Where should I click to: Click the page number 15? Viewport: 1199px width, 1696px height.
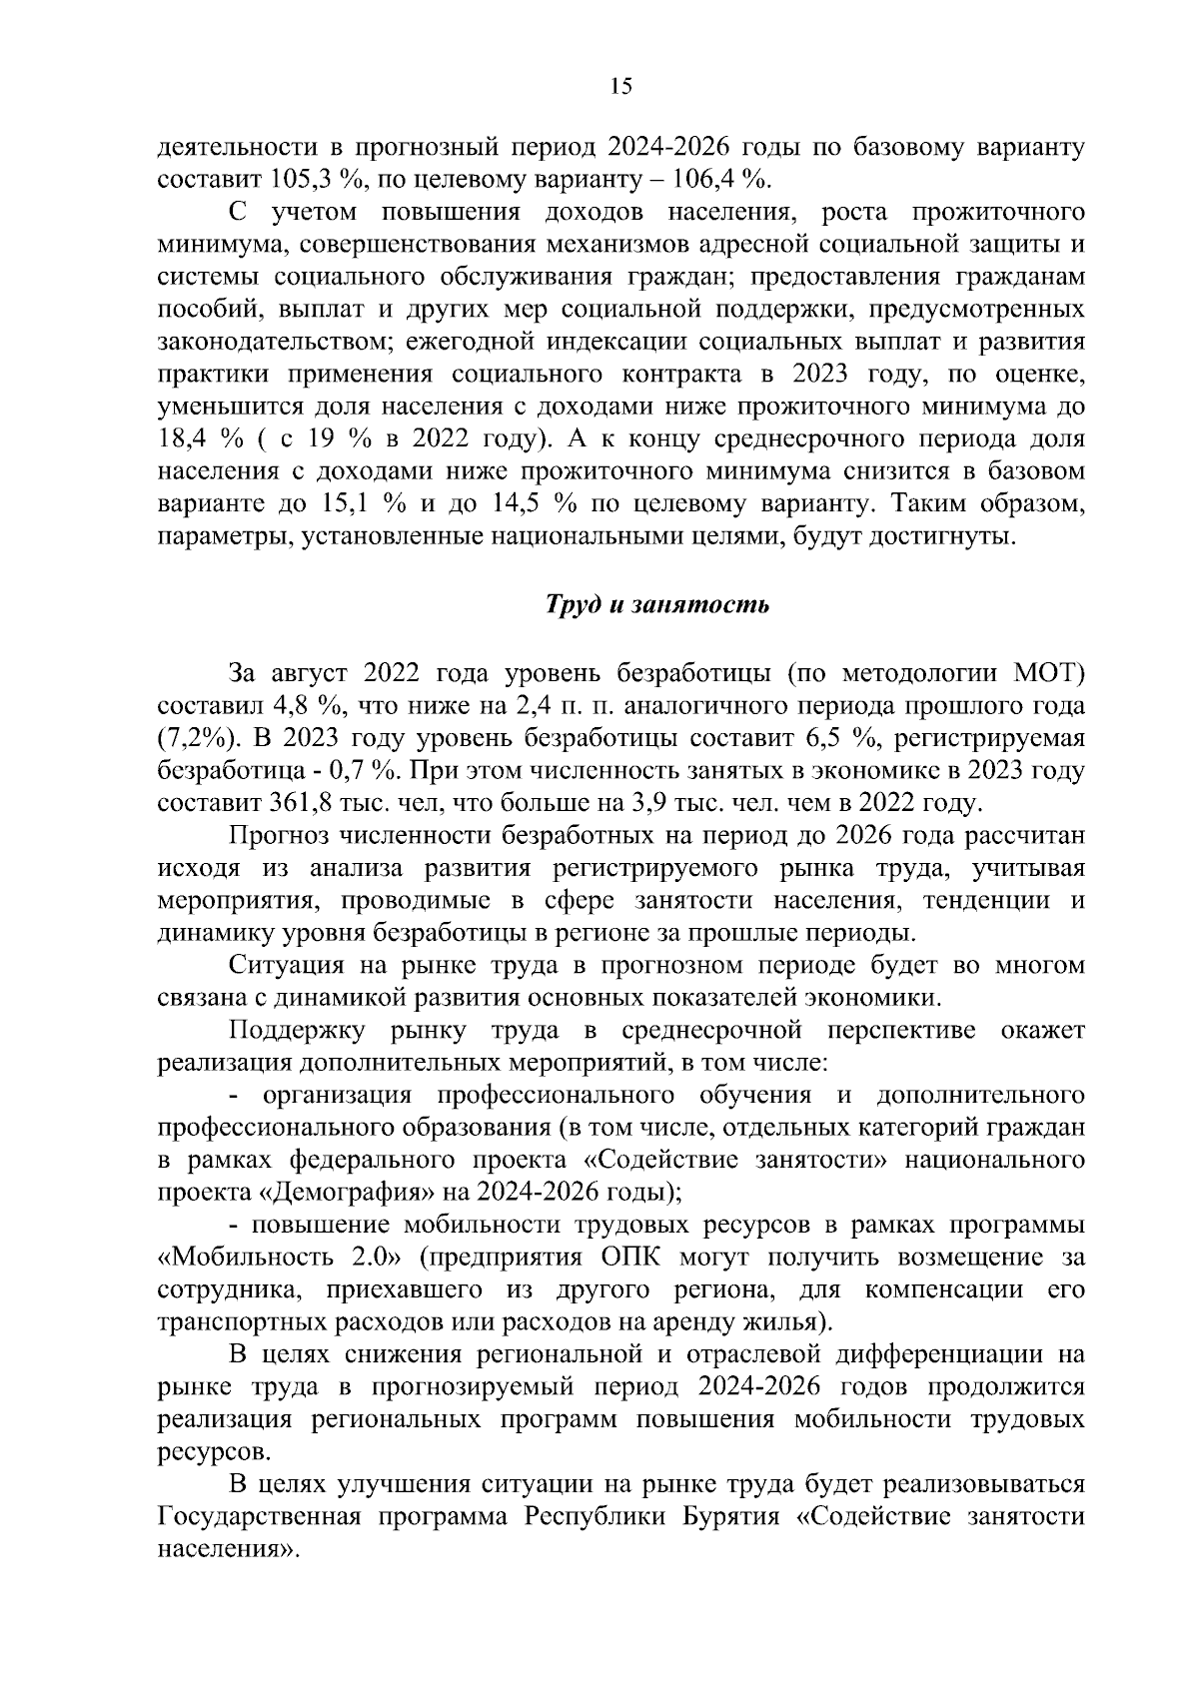tap(620, 87)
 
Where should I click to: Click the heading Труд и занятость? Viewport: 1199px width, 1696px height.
tap(655, 605)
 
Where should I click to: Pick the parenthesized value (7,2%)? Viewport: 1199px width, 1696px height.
tap(196, 739)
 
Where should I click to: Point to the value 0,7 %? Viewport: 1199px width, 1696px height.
tap(366, 771)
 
